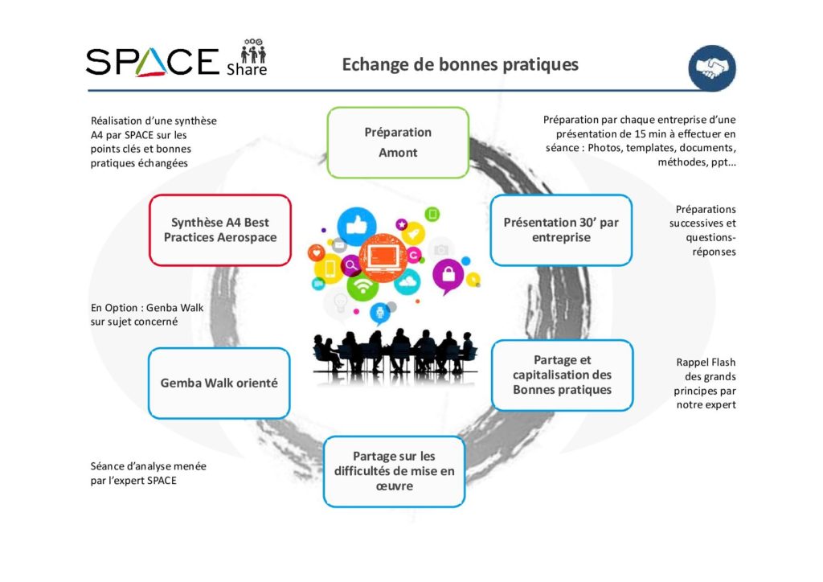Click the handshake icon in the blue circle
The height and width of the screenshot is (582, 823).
(x=712, y=68)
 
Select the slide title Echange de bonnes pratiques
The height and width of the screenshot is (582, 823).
(x=461, y=64)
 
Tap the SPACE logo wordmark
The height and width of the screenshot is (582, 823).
(x=152, y=62)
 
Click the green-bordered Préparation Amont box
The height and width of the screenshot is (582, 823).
(x=398, y=142)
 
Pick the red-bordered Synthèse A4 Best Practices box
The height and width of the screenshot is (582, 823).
(x=220, y=230)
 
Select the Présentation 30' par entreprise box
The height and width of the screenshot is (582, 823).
(x=561, y=230)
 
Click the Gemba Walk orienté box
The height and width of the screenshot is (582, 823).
(x=219, y=383)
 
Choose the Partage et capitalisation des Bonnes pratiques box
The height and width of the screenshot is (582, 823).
(x=562, y=375)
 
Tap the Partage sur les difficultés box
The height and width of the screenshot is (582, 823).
(x=394, y=471)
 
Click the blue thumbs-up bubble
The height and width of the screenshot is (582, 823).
(x=356, y=226)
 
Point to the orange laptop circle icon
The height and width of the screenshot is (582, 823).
(x=383, y=258)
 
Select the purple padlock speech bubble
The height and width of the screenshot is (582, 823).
(x=448, y=275)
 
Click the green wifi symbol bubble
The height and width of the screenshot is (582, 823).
(x=362, y=285)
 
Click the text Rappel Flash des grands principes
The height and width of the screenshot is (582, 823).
(x=706, y=383)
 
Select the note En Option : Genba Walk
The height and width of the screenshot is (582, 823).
(x=147, y=314)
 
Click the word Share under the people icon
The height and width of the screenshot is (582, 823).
(x=247, y=70)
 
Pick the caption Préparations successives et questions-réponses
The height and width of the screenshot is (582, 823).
(x=702, y=231)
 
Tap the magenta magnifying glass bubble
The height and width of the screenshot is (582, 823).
(x=350, y=265)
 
